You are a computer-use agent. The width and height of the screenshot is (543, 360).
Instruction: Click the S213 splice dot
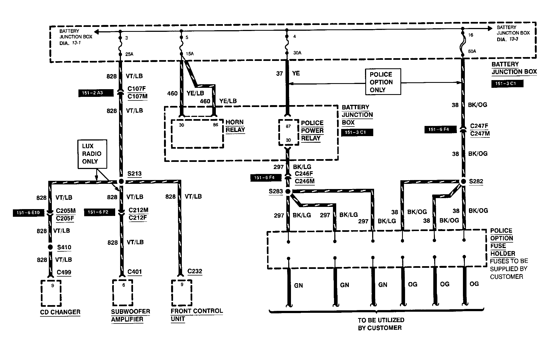click(121, 181)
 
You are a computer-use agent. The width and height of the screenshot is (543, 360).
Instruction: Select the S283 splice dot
click(288, 192)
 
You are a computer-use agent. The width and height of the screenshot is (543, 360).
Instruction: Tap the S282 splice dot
click(463, 181)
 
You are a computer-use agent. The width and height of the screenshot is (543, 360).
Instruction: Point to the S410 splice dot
click(50, 247)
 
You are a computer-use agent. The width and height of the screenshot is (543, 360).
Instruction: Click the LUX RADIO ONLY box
click(92, 154)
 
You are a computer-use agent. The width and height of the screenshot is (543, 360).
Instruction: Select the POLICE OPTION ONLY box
click(383, 82)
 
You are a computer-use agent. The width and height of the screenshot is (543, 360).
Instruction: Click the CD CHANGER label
click(60, 312)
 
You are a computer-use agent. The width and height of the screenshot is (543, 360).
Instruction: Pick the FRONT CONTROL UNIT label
click(196, 315)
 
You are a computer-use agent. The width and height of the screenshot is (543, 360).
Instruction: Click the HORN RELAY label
click(235, 126)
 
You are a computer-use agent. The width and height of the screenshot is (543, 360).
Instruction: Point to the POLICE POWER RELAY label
click(312, 131)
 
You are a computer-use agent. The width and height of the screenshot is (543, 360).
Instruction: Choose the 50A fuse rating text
click(472, 51)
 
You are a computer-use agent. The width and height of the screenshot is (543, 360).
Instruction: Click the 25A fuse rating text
click(129, 54)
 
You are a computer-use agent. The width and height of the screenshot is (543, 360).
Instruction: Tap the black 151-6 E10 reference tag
click(28, 213)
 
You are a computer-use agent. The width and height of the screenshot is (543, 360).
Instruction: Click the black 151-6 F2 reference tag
click(99, 212)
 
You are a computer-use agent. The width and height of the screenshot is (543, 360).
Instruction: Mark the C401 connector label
click(135, 272)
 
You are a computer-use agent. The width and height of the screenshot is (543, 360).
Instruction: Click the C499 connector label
click(64, 272)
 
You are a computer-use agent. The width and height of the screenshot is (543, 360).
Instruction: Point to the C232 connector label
click(195, 271)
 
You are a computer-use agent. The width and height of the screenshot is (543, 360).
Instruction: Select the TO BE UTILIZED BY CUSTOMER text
click(381, 324)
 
